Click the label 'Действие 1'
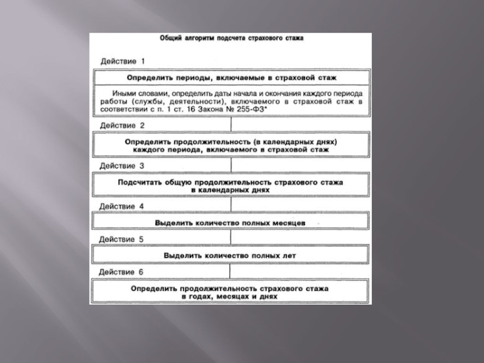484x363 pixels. tap(122, 61)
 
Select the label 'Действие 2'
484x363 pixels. tap(122, 125)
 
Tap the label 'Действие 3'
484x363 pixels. tap(122, 165)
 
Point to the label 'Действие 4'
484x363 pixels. tap(122, 206)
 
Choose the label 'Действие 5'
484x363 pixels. tap(122, 240)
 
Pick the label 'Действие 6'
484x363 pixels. tap(122, 272)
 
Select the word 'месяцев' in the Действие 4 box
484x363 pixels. tap(290, 223)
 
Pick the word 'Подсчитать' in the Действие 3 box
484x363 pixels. tap(138, 180)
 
